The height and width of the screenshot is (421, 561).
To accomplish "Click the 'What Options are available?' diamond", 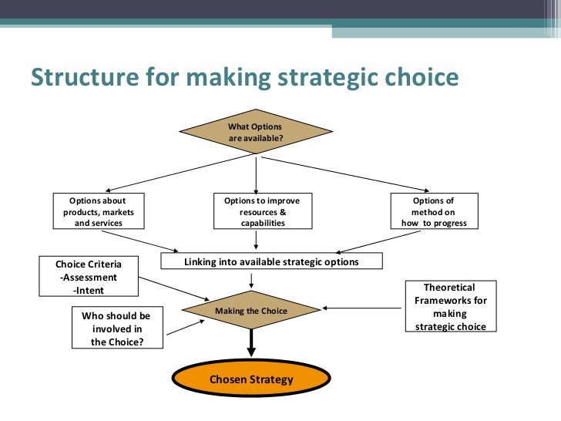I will [255, 132].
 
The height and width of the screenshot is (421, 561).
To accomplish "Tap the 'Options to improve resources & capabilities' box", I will [261, 211].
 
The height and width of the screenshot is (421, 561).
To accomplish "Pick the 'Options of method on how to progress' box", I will [434, 211].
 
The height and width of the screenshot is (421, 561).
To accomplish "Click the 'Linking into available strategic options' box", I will [271, 261].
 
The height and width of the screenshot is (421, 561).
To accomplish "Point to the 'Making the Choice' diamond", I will [251, 311].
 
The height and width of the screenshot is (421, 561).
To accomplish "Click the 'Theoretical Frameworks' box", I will [450, 307].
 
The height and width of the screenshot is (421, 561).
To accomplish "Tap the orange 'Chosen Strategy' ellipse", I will [251, 380].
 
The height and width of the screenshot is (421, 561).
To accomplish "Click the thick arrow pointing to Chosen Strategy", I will [251, 342].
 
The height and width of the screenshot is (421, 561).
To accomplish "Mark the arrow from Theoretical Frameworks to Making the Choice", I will [362, 308].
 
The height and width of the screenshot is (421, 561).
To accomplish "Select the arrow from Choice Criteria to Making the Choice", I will [175, 289].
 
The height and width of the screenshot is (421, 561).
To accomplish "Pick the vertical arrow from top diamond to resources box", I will [256, 173].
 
